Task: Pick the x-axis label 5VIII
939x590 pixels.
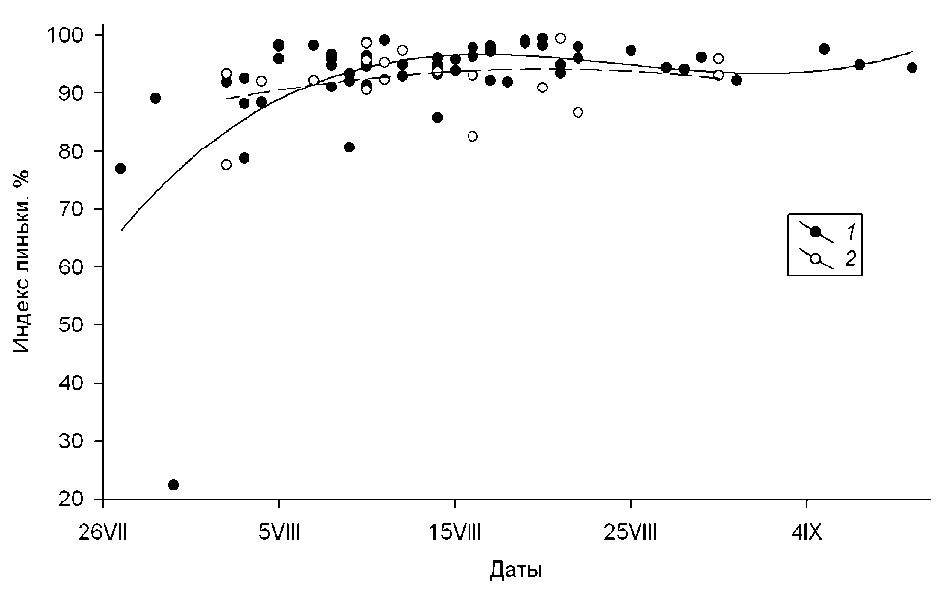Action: pos(279,533)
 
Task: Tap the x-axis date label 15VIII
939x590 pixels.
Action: pos(455,533)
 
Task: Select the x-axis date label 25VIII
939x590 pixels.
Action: pos(631,533)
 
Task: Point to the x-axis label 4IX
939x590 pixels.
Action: pos(806,533)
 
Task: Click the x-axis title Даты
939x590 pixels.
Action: pos(516,571)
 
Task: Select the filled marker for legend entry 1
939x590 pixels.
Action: pos(815,232)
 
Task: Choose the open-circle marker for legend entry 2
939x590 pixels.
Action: pos(815,258)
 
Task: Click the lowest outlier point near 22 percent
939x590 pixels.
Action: pos(174,485)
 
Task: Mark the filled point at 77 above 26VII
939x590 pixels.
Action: pos(120,168)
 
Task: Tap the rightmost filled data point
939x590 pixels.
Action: pos(911,68)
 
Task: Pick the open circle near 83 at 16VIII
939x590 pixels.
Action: pos(472,136)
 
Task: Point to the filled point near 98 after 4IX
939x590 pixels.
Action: pos(824,49)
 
